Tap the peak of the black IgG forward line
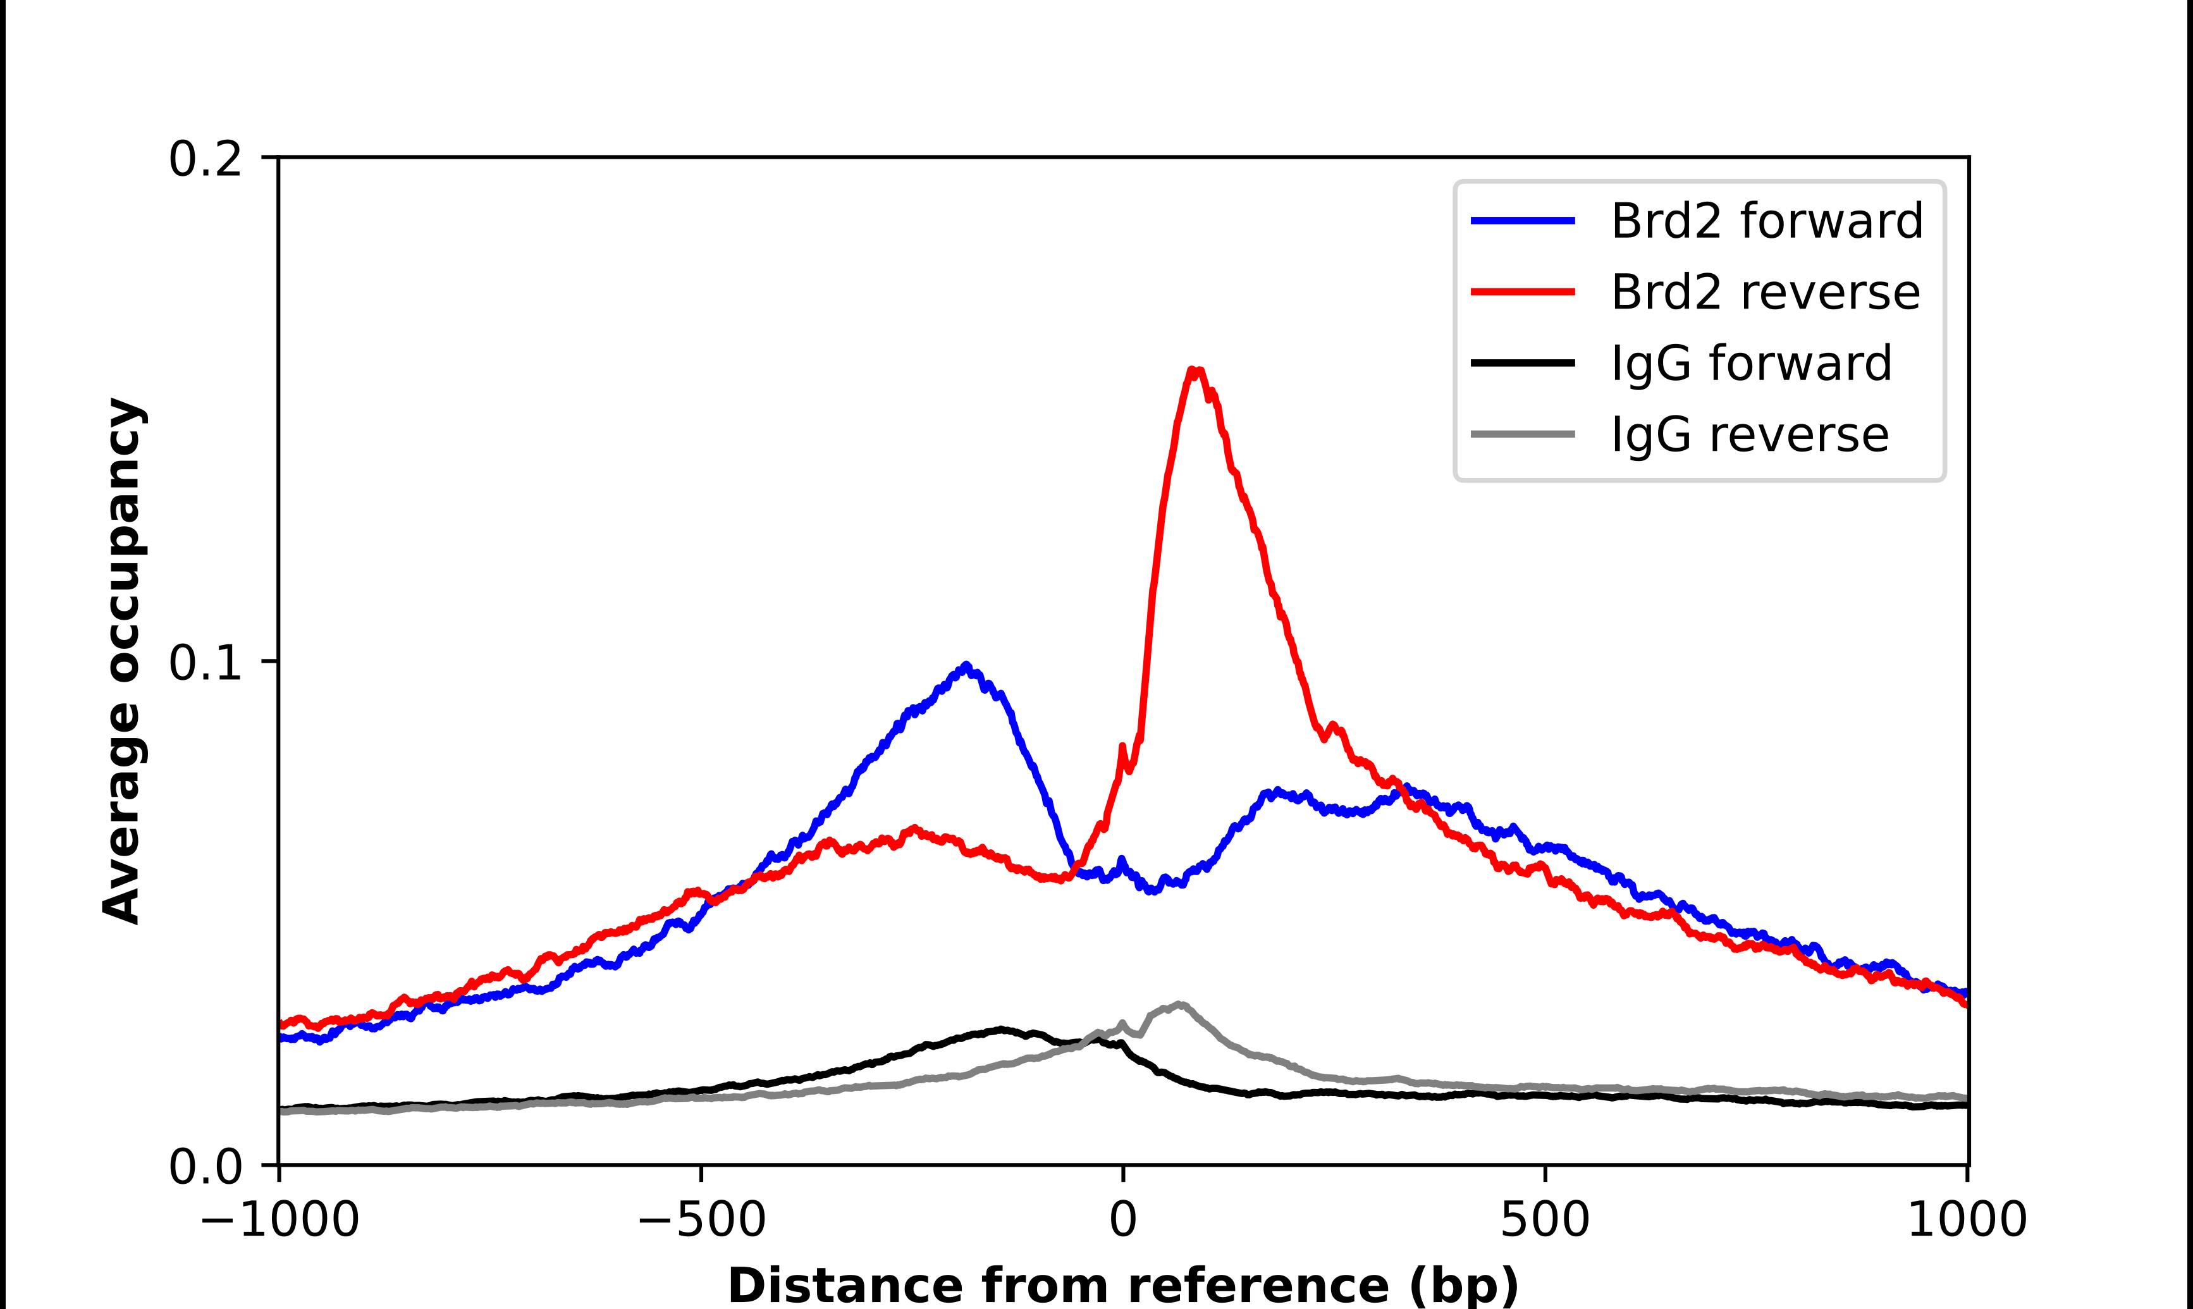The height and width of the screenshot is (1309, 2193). [1001, 1029]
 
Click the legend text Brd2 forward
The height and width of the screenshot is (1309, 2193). [1766, 221]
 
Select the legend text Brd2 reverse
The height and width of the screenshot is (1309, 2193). [1764, 292]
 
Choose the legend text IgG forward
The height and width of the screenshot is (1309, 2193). [1751, 364]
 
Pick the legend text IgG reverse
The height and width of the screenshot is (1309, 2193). [1750, 435]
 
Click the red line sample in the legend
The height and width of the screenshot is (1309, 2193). [1523, 292]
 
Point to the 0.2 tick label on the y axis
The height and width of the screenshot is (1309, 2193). [205, 159]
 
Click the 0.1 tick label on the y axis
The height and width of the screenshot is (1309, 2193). [205, 663]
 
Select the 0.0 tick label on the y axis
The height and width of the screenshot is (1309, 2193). [205, 1167]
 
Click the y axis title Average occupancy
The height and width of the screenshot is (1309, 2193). [121, 661]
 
